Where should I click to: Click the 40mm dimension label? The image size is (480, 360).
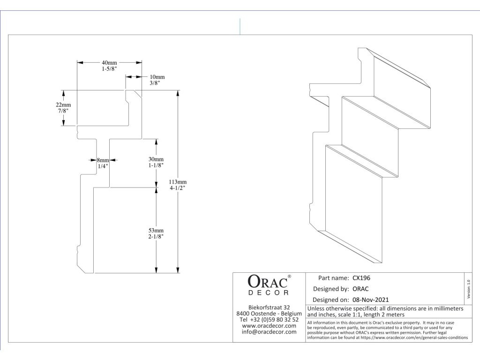point(109,63)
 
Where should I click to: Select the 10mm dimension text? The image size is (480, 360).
point(157,77)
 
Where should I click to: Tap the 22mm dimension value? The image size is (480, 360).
point(63,105)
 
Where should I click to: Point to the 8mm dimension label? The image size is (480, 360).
point(103,160)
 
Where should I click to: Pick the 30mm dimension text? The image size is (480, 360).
point(156,159)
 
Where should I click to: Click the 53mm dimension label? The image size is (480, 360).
point(156,231)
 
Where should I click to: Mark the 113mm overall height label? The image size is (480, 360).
point(179,182)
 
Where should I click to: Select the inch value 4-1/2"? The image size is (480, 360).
point(179,188)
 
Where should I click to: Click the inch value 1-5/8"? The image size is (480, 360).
point(109,69)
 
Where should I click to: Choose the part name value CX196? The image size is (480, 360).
point(361,277)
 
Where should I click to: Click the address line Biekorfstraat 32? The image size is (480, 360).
point(269,307)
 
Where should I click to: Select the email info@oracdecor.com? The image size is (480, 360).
point(269,332)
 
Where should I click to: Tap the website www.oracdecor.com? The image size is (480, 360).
point(269,326)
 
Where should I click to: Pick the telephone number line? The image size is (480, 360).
point(269,320)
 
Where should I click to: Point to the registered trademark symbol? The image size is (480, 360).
point(289,277)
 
